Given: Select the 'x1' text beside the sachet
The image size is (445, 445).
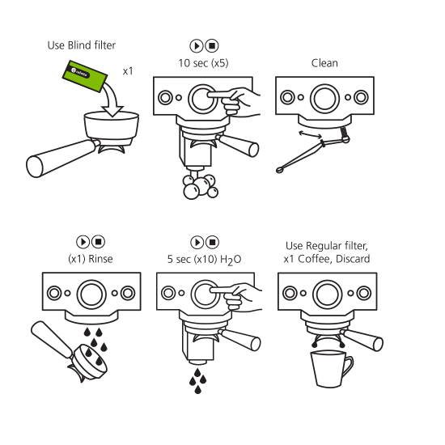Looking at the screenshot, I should [x=127, y=71].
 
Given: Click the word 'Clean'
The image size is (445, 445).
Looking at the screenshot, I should [x=324, y=62].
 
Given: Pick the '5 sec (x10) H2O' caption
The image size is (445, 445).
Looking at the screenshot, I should [x=204, y=260].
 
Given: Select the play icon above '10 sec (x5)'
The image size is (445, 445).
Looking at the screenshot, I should [x=196, y=46].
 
